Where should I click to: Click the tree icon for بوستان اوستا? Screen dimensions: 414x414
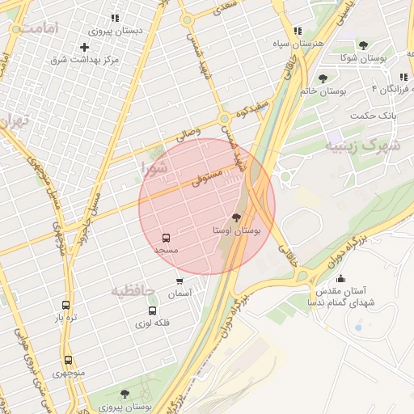[x=236, y=217]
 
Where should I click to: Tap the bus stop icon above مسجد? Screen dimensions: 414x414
[x=166, y=239]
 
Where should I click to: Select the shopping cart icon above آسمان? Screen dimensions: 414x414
[x=180, y=281]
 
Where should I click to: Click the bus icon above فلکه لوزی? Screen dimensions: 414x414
[x=152, y=310]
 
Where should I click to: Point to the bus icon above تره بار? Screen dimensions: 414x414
[x=65, y=306]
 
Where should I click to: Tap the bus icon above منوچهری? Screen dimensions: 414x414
[x=68, y=361]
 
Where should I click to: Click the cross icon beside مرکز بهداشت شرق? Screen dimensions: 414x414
[x=84, y=47]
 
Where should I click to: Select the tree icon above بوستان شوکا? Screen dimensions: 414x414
[x=362, y=45]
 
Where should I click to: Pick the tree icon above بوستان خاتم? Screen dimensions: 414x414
[x=323, y=78]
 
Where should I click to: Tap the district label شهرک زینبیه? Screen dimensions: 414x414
[x=363, y=146]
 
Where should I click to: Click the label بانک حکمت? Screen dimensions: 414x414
[x=374, y=116]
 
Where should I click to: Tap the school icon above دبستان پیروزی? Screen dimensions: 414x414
[x=115, y=18]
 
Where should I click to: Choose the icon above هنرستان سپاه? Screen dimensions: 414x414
[x=298, y=30]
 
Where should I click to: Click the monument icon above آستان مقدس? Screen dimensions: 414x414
[x=339, y=279]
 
